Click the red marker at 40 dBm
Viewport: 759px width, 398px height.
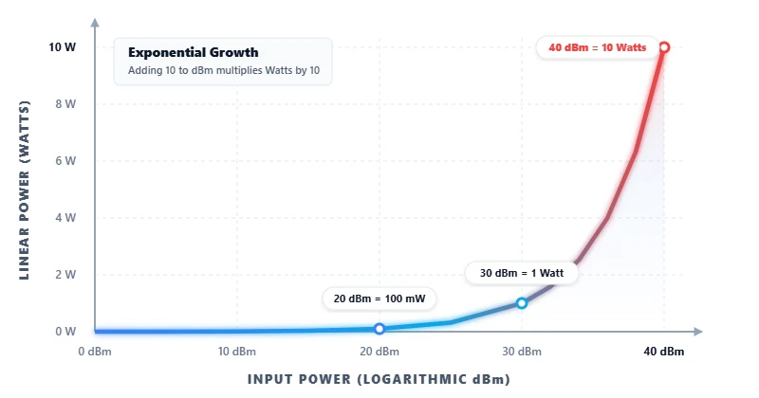664,47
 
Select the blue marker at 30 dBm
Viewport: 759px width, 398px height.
522,303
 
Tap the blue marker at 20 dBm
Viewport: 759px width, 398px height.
379,329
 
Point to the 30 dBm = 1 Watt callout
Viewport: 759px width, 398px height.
522,273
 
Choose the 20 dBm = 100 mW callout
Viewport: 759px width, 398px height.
379,298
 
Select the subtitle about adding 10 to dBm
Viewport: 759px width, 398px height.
223,71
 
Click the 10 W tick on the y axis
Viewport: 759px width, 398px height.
63,47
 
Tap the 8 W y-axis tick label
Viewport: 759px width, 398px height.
65,104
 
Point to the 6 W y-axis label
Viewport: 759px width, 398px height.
65,161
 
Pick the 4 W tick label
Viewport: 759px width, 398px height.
65,218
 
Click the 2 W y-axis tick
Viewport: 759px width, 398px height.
65,275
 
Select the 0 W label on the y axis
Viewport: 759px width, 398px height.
65,332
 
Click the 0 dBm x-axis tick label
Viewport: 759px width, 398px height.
95,352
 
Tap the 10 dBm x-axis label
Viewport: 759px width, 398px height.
237,352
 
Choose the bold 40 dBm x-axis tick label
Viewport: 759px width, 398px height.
663,352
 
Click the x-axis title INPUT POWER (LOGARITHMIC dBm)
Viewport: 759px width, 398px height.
379,379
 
